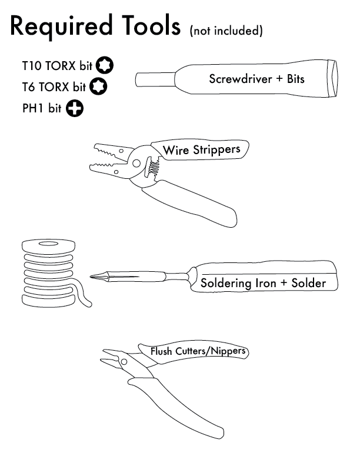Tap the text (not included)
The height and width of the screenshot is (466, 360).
226,31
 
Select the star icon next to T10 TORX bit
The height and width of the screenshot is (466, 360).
106,65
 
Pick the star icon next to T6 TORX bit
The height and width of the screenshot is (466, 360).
97,86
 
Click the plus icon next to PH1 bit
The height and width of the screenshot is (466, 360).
74,108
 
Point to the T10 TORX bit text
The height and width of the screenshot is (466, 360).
58,66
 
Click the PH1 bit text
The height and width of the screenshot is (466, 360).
42,109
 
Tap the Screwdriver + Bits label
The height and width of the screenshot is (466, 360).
256,78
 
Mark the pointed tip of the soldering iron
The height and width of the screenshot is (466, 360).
94,276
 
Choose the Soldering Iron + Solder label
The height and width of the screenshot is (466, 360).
263,283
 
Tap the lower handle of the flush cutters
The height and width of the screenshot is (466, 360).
176,406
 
